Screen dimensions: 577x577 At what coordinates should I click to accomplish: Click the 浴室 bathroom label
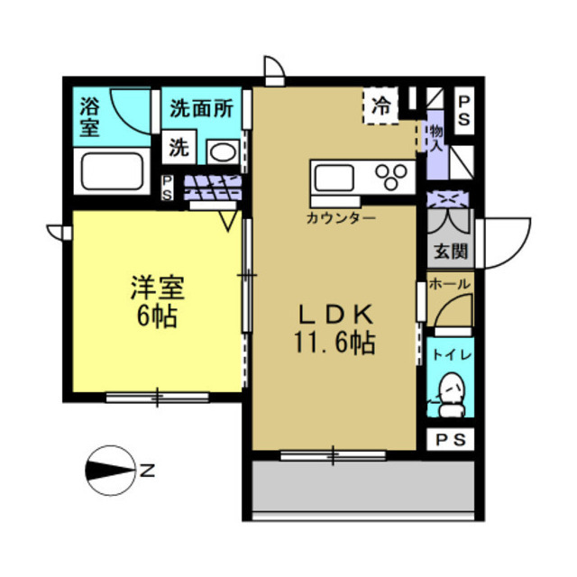point(89,116)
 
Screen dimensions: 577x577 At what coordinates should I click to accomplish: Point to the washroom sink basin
point(220,150)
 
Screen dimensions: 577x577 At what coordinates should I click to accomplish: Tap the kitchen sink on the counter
point(336,175)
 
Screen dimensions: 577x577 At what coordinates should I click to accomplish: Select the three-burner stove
point(393,175)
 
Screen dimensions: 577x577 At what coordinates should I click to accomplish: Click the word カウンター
point(342,218)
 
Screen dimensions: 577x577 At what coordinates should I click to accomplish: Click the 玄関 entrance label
point(449,252)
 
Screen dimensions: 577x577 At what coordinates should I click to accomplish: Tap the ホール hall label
point(449,284)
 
